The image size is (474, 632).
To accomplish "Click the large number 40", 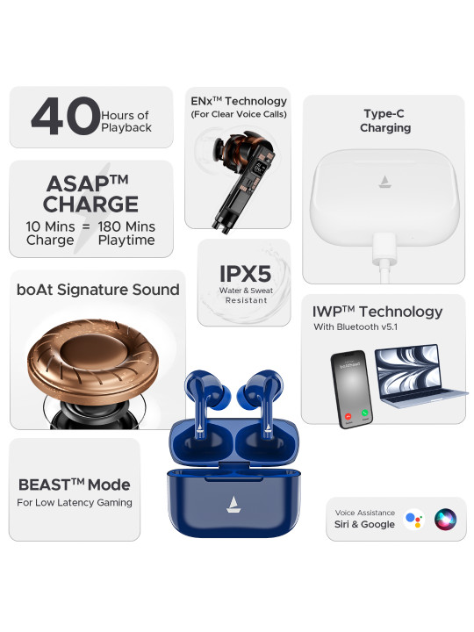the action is click(x=65, y=116).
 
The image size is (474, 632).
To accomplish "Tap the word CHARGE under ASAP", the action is click(x=90, y=204).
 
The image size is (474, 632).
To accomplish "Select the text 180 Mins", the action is click(x=126, y=226).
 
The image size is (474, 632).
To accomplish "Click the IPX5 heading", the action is click(x=245, y=274).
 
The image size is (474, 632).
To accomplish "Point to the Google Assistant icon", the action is click(x=413, y=519).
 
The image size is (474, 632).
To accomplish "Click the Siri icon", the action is click(x=445, y=519).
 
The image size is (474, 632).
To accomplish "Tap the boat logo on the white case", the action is click(x=384, y=182).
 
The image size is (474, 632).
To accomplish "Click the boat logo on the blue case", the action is click(x=233, y=504).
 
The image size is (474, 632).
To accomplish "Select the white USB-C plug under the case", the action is click(x=385, y=248).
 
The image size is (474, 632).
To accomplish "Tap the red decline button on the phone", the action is click(x=348, y=416).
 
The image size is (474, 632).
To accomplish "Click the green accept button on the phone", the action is click(x=365, y=413).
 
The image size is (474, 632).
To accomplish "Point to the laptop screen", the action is click(x=407, y=368).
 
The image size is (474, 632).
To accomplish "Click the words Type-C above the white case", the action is click(x=384, y=114).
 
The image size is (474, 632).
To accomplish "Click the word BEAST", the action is click(x=45, y=485).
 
